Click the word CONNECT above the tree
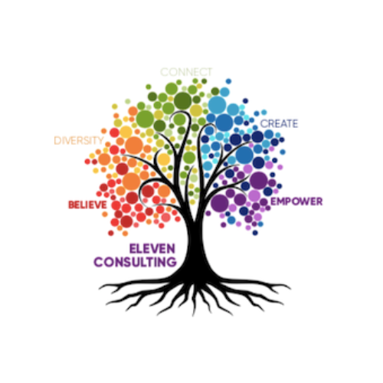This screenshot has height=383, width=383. (186, 72)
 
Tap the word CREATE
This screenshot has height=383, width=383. (279, 124)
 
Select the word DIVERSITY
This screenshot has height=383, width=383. (79, 140)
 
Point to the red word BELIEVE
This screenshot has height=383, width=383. (87, 205)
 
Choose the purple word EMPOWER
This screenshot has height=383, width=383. (296, 201)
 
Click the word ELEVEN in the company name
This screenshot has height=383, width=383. (152, 249)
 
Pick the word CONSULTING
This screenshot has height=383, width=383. (135, 262)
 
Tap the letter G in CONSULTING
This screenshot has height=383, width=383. (171, 262)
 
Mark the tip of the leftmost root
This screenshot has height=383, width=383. (100, 288)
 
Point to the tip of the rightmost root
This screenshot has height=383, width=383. (290, 289)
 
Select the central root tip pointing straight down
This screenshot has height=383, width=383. (194, 316)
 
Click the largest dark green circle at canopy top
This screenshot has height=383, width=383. (182, 100)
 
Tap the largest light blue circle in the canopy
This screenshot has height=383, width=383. (217, 105)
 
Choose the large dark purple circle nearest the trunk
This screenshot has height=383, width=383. (220, 203)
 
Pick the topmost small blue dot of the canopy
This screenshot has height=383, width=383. (228, 81)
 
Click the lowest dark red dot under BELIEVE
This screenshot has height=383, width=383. (111, 233)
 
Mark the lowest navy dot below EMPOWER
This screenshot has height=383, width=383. (255, 233)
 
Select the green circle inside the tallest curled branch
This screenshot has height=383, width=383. (179, 119)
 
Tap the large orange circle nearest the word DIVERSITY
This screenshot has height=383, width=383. (134, 146)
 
